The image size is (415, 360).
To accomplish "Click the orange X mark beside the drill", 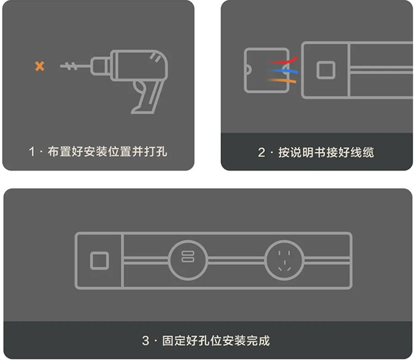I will [40, 66].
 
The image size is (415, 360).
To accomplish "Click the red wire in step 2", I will [283, 60].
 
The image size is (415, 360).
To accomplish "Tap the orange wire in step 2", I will [284, 79].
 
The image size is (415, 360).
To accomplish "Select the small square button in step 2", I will [326, 69].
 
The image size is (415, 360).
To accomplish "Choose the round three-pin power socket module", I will [283, 260].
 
